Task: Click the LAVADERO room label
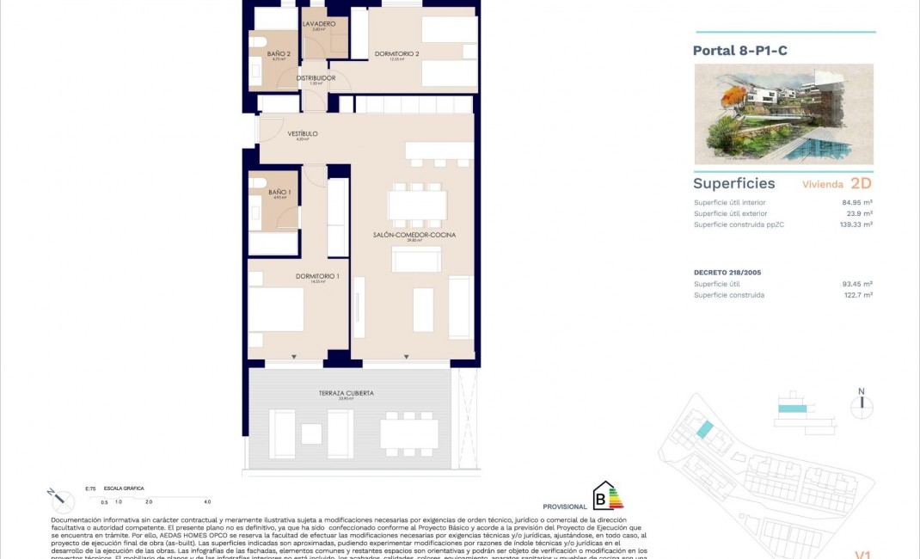click(318, 24)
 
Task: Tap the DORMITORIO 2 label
click(397, 54)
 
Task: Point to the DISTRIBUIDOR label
click(316, 78)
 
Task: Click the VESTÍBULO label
click(303, 134)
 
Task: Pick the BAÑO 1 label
click(279, 192)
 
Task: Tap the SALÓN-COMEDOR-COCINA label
click(414, 235)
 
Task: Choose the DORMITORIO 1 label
click(317, 276)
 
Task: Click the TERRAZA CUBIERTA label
click(346, 393)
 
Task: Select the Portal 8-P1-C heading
click(739, 51)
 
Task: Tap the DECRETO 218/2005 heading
click(727, 272)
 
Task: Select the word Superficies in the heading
click(733, 183)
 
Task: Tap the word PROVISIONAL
click(565, 507)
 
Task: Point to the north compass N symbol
click(861, 392)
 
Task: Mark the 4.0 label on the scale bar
click(206, 501)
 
